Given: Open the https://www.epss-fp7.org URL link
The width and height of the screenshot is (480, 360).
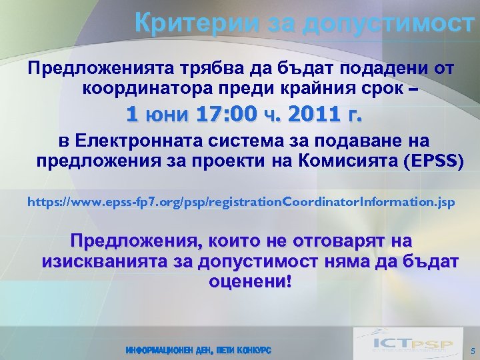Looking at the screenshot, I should pyautogui.click(x=241, y=201).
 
